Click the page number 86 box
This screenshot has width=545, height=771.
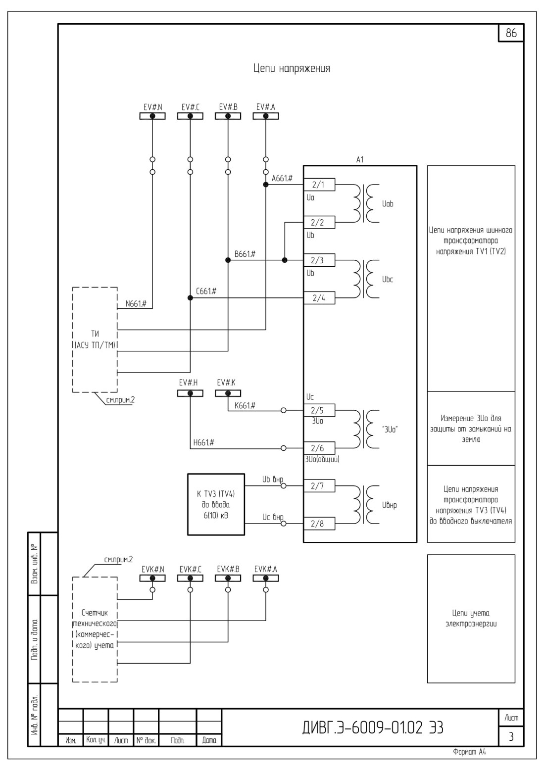pos(511,33)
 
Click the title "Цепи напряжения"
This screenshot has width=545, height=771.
pos(292,68)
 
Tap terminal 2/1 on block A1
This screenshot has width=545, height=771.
pos(319,185)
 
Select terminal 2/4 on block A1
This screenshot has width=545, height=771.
pos(319,298)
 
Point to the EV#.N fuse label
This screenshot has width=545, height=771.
pos(152,107)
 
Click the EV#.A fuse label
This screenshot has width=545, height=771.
pos(265,107)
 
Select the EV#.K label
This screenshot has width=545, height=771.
pos(226,383)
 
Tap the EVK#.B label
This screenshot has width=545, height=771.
pos(228,569)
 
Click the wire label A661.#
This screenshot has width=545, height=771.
pos(282,178)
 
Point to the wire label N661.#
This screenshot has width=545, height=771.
pos(136,304)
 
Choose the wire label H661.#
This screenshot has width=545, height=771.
pos(203,442)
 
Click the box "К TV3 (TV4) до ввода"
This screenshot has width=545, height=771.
pos(216,505)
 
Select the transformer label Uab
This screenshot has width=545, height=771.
pos(388,204)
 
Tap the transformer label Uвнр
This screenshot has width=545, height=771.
pos(390,506)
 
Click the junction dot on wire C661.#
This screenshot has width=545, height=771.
pos(190,298)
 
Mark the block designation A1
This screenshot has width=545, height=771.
pos(360,160)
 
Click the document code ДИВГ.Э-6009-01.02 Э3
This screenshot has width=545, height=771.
pos(373,727)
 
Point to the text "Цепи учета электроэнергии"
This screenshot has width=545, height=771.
pos(471,619)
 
